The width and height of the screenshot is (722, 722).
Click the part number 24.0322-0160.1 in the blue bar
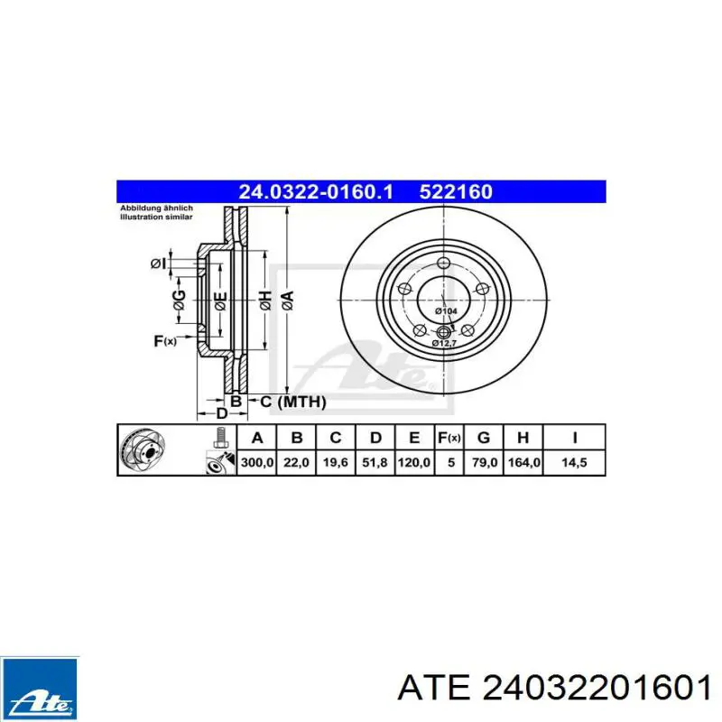pyautogui.click(x=316, y=191)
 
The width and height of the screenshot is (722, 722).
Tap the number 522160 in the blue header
pyautogui.click(x=456, y=191)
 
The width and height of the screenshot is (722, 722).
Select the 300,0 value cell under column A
pyautogui.click(x=257, y=462)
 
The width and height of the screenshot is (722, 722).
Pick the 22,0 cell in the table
pyautogui.click(x=296, y=462)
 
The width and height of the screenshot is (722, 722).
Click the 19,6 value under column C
pyautogui.click(x=335, y=462)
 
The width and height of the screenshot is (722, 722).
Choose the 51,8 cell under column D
pyautogui.click(x=375, y=462)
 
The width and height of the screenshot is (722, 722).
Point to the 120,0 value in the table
pyautogui.click(x=414, y=462)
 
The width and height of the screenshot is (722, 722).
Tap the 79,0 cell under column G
pyautogui.click(x=485, y=462)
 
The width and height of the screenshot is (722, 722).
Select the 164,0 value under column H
pyautogui.click(x=524, y=462)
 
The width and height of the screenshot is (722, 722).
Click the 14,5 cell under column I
pyautogui.click(x=574, y=462)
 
